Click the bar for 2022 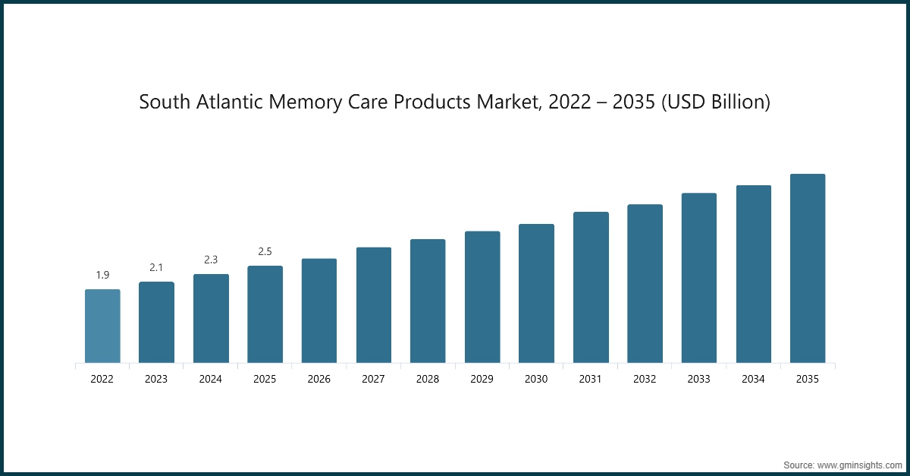click(x=102, y=326)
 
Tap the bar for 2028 click(x=428, y=301)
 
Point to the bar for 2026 click(x=319, y=311)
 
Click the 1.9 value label click(x=102, y=275)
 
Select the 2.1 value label click(x=156, y=267)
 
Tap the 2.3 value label click(x=211, y=260)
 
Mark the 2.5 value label click(x=265, y=251)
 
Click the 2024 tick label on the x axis click(x=211, y=379)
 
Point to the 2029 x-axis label click(x=482, y=379)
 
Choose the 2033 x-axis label click(x=699, y=379)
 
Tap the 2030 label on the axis click(x=536, y=379)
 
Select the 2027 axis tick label click(x=373, y=379)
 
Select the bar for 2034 click(x=753, y=274)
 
